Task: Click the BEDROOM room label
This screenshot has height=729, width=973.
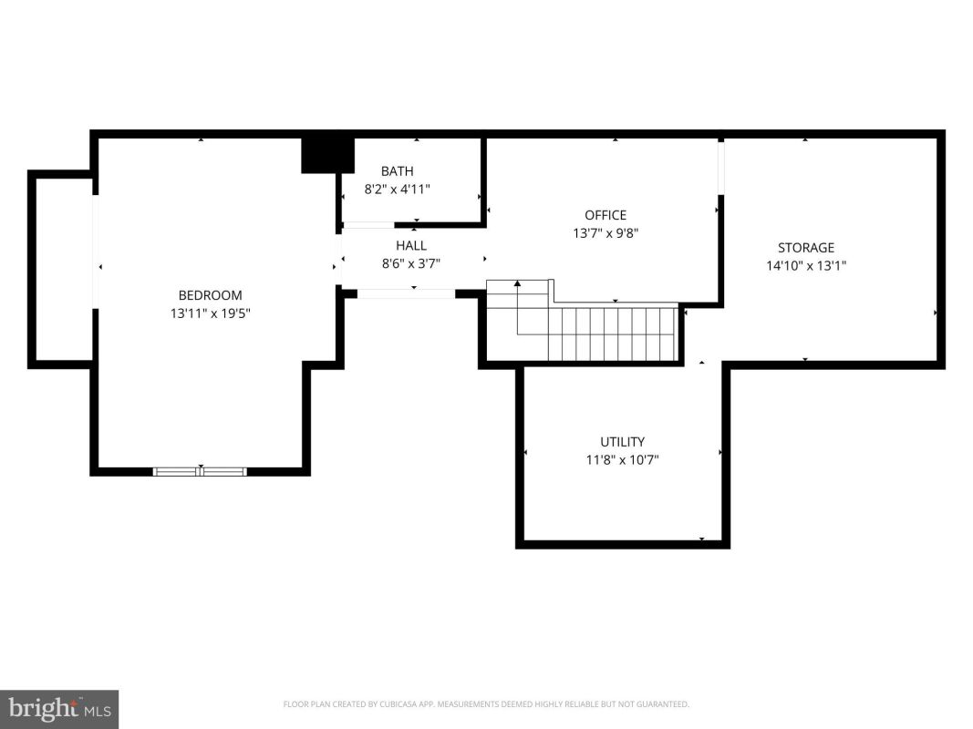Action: pyautogui.click(x=210, y=295)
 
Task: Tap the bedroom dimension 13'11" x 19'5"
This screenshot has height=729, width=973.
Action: pyautogui.click(x=211, y=313)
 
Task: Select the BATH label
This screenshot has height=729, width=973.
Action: pyautogui.click(x=398, y=171)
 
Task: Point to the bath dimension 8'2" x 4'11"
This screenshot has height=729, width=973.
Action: pyautogui.click(x=398, y=189)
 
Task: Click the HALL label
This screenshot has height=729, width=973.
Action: pyautogui.click(x=411, y=245)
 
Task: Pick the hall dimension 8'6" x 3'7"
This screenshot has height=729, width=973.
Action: pyautogui.click(x=410, y=263)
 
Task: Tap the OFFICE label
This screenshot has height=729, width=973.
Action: pyautogui.click(x=606, y=215)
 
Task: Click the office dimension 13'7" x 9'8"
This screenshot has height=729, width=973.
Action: pyautogui.click(x=606, y=233)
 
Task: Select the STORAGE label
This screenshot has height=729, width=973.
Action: pyautogui.click(x=806, y=248)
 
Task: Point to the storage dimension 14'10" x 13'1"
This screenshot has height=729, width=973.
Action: pyautogui.click(x=806, y=266)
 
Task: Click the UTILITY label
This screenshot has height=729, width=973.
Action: pyautogui.click(x=623, y=442)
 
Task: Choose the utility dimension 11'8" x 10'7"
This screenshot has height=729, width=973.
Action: pyautogui.click(x=623, y=460)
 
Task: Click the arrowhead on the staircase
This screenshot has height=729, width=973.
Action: pyautogui.click(x=518, y=284)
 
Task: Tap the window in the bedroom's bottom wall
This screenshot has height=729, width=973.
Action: pyautogui.click(x=200, y=472)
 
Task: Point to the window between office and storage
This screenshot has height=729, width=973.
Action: pyautogui.click(x=721, y=168)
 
